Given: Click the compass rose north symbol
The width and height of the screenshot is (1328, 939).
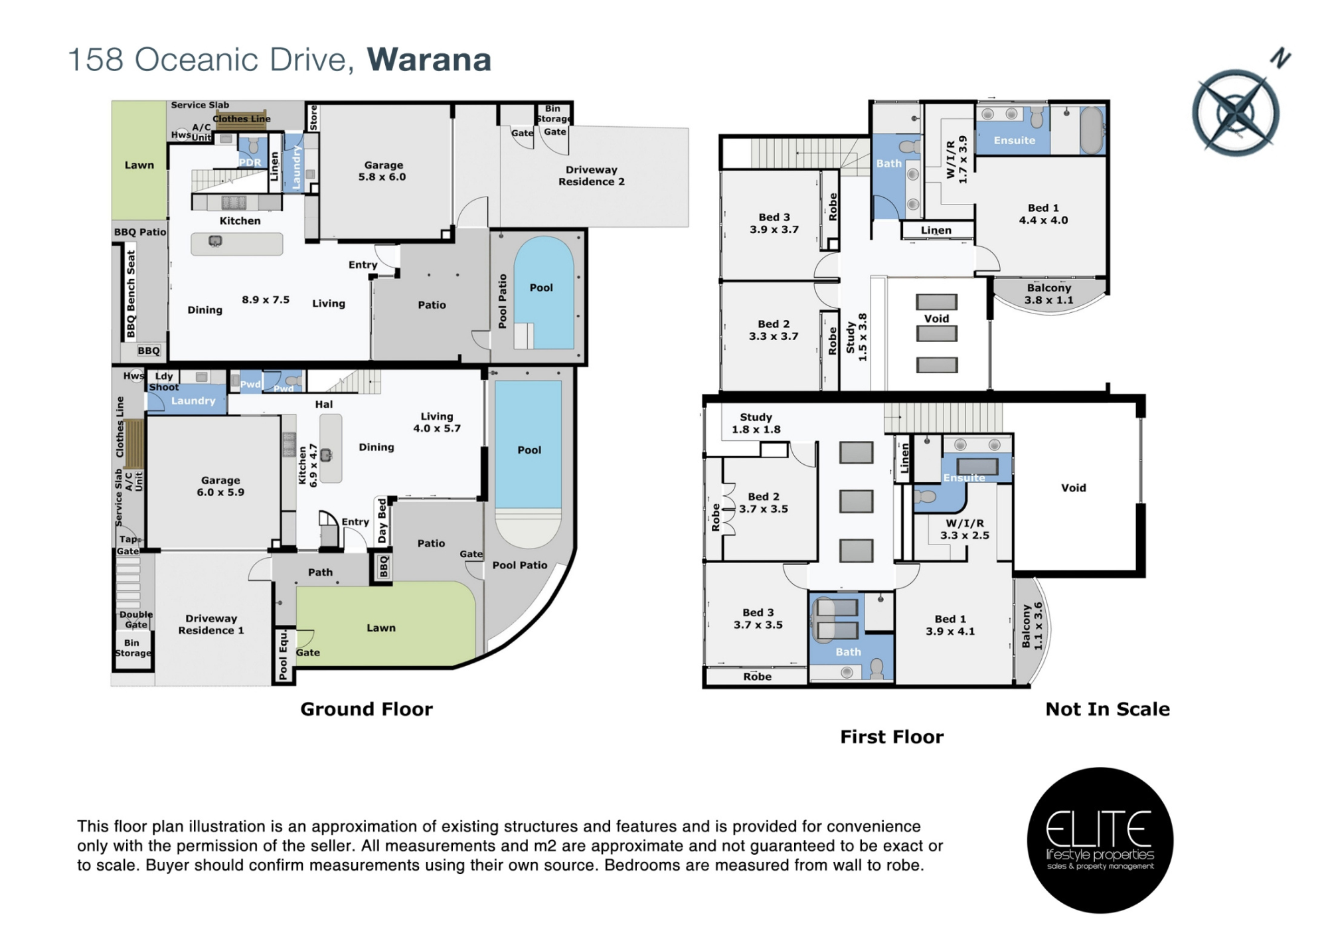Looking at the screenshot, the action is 1236,111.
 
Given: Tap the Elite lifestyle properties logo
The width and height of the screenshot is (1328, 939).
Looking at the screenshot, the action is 1100,840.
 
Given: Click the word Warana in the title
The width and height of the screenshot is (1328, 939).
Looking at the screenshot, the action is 429,60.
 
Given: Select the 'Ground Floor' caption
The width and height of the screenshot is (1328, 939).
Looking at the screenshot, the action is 367,709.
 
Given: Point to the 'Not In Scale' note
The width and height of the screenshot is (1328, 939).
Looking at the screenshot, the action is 1108,709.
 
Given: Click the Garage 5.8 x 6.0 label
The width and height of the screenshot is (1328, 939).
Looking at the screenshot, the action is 382,171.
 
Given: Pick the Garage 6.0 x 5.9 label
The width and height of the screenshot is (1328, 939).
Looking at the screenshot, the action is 220,486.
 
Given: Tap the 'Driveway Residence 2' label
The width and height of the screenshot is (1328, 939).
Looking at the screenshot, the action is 591,176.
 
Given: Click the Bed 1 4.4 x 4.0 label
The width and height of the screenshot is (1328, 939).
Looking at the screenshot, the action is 1044,214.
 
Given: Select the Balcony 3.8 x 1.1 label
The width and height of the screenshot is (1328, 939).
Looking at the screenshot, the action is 1049,294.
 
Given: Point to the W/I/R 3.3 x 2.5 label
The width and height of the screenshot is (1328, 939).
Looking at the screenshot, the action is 965,529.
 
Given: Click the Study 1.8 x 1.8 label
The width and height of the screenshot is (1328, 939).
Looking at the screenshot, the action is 756,423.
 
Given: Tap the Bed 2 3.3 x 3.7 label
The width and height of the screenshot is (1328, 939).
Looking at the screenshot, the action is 774,330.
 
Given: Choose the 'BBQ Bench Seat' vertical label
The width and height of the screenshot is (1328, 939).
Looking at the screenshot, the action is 131,293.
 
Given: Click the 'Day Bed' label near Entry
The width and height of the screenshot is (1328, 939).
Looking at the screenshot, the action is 382,521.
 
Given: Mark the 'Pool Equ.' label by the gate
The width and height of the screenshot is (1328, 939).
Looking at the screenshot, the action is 284,655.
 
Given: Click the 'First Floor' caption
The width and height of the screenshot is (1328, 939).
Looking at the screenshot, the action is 892,737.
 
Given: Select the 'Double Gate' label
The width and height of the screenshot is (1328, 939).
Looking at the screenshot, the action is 136,620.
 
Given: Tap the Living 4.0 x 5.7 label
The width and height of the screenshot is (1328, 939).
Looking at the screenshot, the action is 437,422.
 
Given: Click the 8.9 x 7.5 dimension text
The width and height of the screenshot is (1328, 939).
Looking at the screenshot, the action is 266,299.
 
